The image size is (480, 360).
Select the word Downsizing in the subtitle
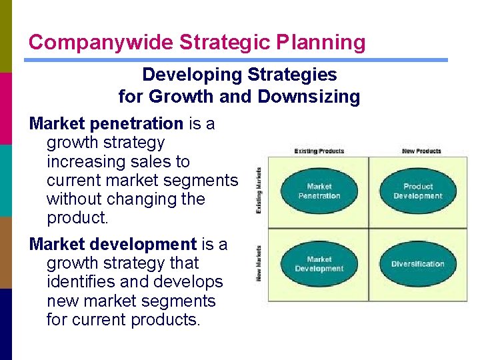(x=309, y=97)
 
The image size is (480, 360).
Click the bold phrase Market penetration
(x=106, y=124)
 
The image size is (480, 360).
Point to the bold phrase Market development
(x=113, y=245)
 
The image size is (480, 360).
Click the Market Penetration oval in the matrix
(x=319, y=191)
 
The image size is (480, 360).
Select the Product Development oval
(x=418, y=191)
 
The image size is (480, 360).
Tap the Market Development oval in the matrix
(x=319, y=264)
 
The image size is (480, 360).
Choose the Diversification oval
(x=418, y=264)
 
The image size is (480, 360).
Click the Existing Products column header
(x=319, y=151)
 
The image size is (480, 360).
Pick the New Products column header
(x=421, y=151)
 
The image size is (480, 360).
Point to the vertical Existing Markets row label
(x=259, y=191)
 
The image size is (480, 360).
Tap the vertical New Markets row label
(x=259, y=263)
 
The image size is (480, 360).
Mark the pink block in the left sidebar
(x=6, y=108)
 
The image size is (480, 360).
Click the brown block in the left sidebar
(x=6, y=252)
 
